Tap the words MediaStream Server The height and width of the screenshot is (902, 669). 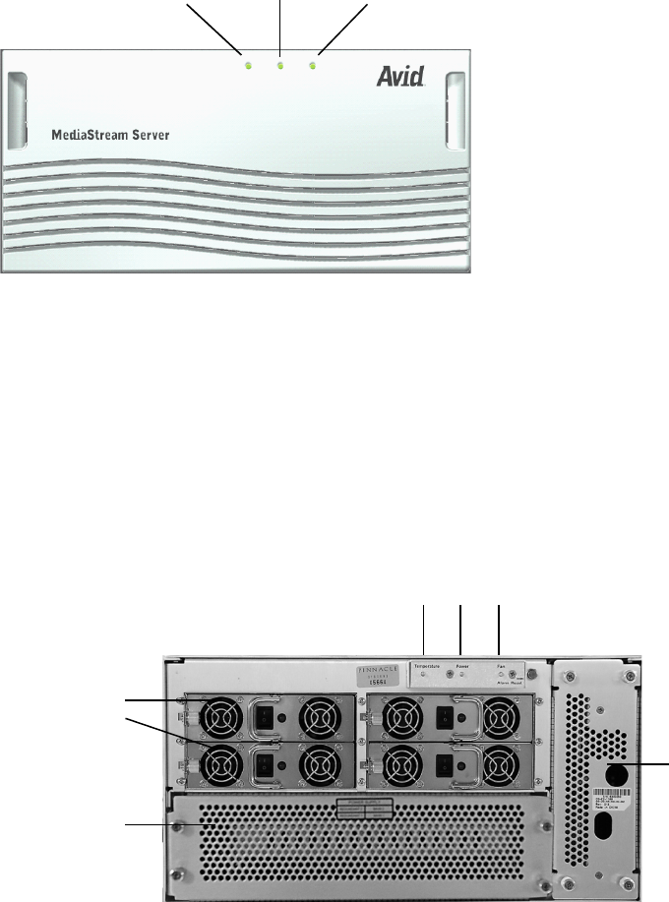(x=113, y=133)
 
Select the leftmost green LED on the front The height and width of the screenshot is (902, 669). (x=249, y=66)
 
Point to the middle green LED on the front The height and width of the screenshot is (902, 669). (x=280, y=66)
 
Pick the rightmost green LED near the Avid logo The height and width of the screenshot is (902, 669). (x=312, y=66)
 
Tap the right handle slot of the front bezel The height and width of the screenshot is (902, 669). (x=456, y=109)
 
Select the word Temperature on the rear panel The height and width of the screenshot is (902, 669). (x=429, y=666)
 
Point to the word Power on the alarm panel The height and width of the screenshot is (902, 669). (x=463, y=666)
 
